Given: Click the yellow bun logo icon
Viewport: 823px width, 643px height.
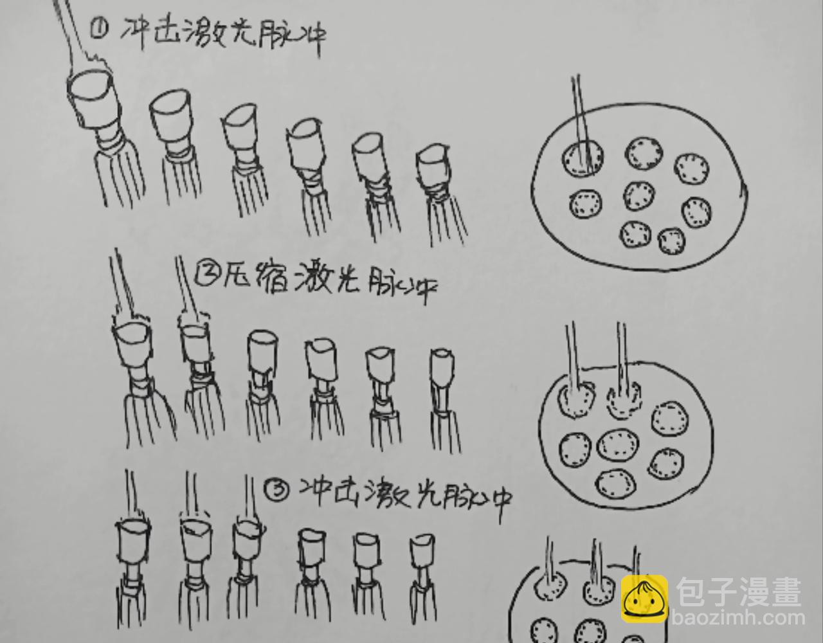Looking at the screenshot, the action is pyautogui.click(x=644, y=599).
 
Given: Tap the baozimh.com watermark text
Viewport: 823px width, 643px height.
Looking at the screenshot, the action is pyautogui.click(x=738, y=618).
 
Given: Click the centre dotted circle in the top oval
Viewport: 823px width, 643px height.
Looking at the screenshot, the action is pyautogui.click(x=639, y=195).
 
